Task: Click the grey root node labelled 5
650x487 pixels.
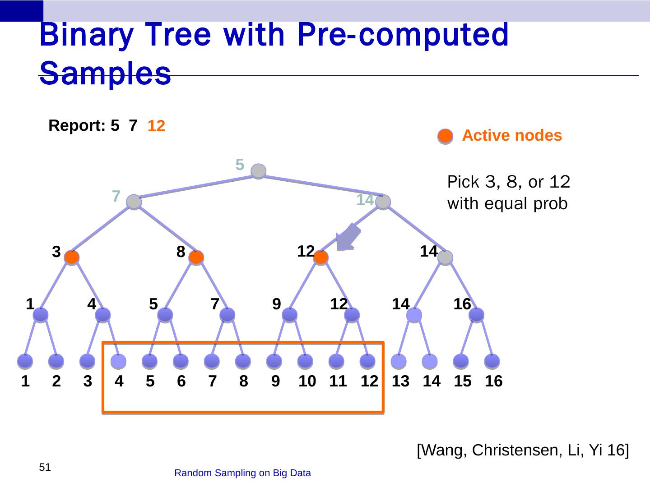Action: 258,171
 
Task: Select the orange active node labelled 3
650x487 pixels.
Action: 72,257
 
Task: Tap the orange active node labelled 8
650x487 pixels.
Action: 196,257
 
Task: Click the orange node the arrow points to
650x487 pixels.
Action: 320,257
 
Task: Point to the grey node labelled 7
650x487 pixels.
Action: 134,202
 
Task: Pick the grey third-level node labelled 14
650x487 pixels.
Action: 445,257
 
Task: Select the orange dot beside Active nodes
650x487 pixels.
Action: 445,136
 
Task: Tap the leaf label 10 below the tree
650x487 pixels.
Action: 307,381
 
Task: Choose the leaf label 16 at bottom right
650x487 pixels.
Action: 493,381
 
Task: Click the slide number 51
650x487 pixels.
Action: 45,467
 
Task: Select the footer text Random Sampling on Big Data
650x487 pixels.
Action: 242,473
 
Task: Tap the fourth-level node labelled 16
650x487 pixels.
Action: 477,315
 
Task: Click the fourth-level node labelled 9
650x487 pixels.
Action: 290,315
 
